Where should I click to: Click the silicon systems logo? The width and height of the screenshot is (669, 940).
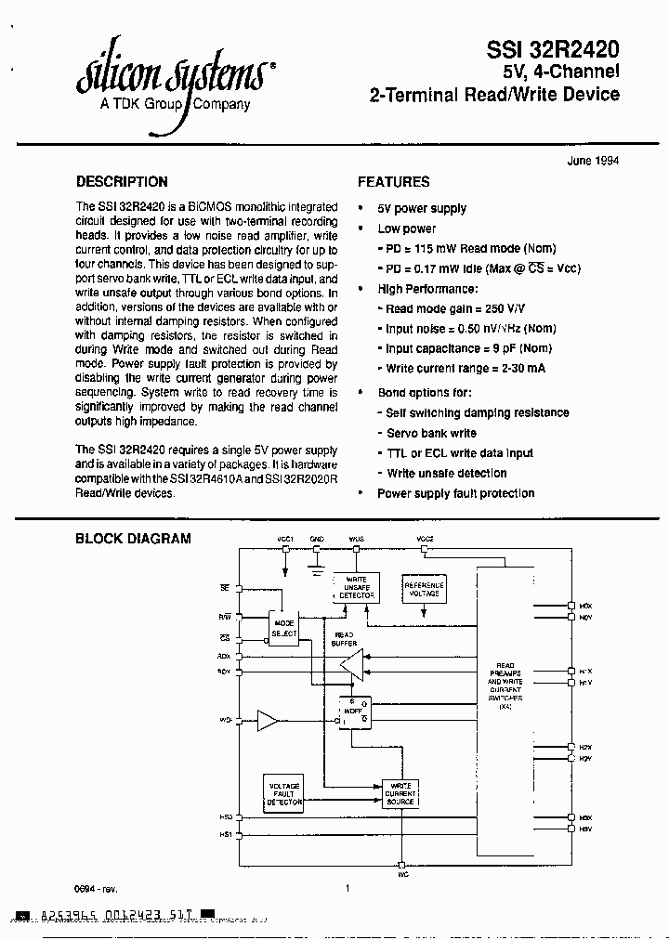[x=175, y=73]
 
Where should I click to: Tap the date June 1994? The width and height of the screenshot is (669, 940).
[x=593, y=160]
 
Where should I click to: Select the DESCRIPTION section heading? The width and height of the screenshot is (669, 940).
[x=122, y=182]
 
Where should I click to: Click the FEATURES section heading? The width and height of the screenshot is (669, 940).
[x=393, y=182]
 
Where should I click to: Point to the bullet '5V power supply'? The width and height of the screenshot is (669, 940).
[x=422, y=208]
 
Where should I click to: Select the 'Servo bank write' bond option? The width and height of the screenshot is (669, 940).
[x=431, y=433]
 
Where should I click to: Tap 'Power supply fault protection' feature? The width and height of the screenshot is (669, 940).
[x=455, y=493]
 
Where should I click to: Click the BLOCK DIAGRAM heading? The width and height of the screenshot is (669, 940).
[x=133, y=538]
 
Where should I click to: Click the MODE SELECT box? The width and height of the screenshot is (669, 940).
[x=284, y=629]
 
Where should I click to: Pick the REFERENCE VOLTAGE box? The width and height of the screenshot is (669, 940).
[x=424, y=588]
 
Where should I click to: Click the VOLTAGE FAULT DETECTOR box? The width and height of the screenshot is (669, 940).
[x=284, y=793]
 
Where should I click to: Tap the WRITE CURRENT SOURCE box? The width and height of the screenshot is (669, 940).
[x=401, y=794]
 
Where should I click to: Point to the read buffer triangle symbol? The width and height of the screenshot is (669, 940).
[x=352, y=664]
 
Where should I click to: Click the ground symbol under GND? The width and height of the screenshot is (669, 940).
[x=317, y=564]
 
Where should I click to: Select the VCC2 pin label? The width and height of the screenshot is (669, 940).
[x=424, y=539]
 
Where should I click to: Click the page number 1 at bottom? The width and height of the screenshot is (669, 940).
[x=347, y=888]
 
